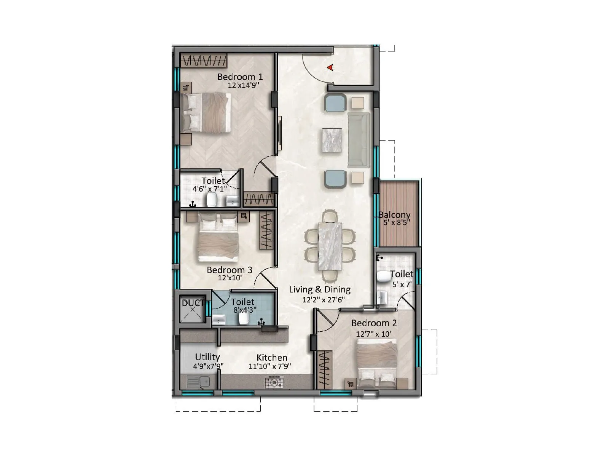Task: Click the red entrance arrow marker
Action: [330, 67]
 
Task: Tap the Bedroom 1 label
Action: [240, 77]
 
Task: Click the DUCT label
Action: [193, 303]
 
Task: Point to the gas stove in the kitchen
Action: [274, 382]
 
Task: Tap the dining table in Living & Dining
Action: [330, 245]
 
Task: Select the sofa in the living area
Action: [359, 140]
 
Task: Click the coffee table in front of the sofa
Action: [332, 140]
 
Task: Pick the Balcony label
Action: [395, 215]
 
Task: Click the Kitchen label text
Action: [272, 358]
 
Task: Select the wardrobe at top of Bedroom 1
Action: [204, 61]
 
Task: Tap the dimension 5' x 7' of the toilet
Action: [402, 284]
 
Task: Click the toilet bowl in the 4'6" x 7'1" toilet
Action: [212, 200]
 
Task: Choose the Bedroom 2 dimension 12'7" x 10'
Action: [373, 334]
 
